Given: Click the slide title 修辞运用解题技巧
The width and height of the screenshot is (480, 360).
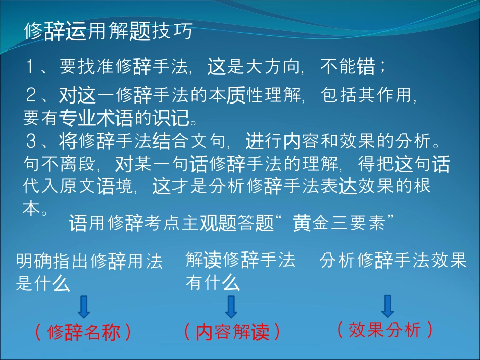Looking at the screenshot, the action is coord(108,31).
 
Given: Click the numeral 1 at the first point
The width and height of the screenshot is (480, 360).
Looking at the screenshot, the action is coord(30,66).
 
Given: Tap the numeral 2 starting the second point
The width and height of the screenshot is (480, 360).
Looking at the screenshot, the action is coord(31,95).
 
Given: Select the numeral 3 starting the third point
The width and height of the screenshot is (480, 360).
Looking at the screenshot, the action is coord(31,141).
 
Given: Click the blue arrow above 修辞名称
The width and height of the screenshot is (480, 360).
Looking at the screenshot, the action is coord(84,306).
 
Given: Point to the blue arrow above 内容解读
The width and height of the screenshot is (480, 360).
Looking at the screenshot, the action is coord(231,306).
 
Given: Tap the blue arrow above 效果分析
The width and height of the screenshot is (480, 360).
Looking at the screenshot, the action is coord(388,306).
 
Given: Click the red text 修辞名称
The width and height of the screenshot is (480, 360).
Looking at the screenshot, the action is coord(83,332).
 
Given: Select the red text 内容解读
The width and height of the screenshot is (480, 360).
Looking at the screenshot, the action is coord(232,332).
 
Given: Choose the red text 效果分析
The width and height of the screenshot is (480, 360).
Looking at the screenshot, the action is coord(385,330).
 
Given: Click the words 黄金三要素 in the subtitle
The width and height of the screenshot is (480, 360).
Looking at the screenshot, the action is coord(339,222).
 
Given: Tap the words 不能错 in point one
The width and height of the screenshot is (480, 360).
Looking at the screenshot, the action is coord(348,66).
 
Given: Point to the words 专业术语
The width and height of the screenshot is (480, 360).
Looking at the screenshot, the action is coord(96,118).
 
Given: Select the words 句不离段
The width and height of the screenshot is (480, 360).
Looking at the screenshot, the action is coord(60,164).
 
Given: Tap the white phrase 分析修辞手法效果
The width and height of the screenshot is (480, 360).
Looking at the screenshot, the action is coord(393,261).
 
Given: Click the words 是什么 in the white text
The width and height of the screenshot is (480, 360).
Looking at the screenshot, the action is coord(43,282).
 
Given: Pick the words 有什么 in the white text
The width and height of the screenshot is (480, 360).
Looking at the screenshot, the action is coord(213,282).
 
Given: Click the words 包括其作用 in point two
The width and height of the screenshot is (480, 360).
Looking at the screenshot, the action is coord(366,95).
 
